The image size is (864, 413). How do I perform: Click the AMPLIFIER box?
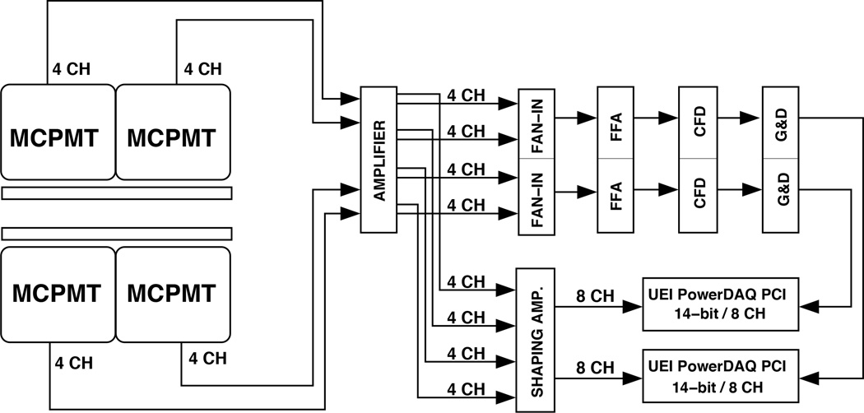click(379, 160)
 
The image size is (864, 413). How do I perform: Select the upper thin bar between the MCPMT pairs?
click(116, 193)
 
